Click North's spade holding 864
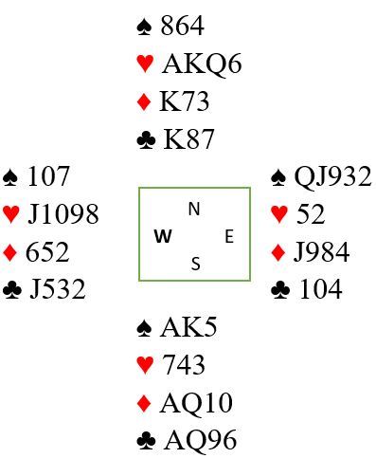[x=182, y=26]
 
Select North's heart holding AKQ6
[x=202, y=64]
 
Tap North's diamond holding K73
[x=185, y=101]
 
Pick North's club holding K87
[x=188, y=139]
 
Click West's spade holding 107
[x=48, y=176]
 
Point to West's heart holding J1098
[x=63, y=214]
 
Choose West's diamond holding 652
[x=47, y=252]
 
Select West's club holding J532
[x=58, y=289]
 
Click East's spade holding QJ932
[x=332, y=176]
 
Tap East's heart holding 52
[x=311, y=214]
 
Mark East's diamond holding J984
[x=321, y=252]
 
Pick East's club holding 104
[x=320, y=289]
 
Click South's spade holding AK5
[x=188, y=327]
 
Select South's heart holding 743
[x=184, y=364]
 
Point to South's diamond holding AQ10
[x=196, y=403]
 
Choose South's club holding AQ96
[x=200, y=440]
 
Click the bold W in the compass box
[x=163, y=236]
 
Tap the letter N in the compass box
[x=194, y=209]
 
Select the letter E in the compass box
[x=229, y=236]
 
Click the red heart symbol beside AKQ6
[x=145, y=64]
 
